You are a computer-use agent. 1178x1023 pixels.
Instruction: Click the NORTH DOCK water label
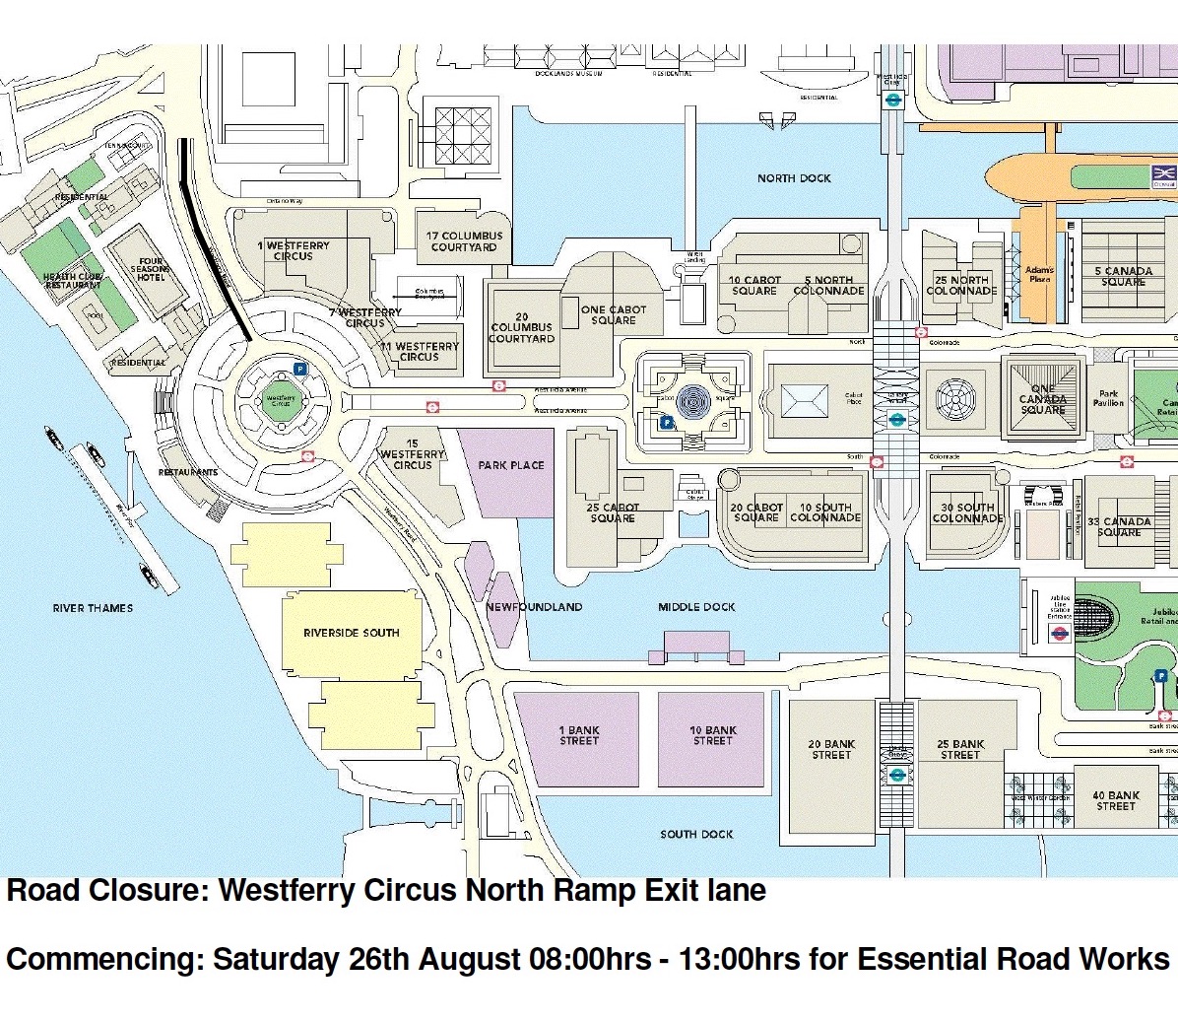794,178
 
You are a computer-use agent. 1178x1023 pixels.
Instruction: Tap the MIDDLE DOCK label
696,607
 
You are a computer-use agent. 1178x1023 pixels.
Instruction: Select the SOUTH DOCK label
696,834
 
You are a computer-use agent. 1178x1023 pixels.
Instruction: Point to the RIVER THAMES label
93,608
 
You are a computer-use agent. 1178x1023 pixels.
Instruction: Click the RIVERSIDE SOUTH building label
351,633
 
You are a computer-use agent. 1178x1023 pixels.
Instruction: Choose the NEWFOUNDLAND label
534,607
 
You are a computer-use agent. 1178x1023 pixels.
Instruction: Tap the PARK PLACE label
511,465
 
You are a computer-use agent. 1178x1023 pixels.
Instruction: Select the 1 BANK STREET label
579,735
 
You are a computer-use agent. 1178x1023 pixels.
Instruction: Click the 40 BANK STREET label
1116,800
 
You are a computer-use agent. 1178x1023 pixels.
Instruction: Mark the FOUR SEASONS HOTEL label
151,269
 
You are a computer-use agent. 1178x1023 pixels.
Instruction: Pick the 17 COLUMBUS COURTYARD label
464,241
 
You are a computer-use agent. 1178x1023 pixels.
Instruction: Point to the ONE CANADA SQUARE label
1043,399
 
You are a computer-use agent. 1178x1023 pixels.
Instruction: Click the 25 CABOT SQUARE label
613,512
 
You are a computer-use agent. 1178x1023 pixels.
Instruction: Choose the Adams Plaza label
1039,274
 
